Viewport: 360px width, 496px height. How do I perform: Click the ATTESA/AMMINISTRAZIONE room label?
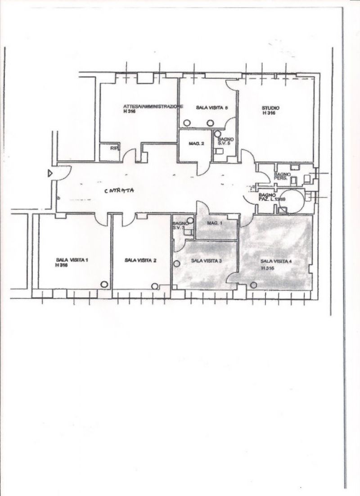point(153,107)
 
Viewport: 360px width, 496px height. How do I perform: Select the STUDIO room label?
point(270,108)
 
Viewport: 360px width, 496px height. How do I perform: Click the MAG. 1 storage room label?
point(215,224)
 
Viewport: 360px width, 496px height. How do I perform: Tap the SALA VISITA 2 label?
point(140,260)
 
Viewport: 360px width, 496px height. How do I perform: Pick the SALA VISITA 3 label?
point(207,261)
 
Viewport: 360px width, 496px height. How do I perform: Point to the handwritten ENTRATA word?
point(120,190)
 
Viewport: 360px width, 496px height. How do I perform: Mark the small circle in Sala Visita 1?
point(104,284)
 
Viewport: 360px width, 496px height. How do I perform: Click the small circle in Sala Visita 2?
point(155,286)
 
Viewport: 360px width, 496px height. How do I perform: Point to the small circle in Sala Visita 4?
point(253,284)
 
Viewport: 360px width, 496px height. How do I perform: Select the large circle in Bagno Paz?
point(291,201)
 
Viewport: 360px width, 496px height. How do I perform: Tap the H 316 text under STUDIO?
point(269,113)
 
